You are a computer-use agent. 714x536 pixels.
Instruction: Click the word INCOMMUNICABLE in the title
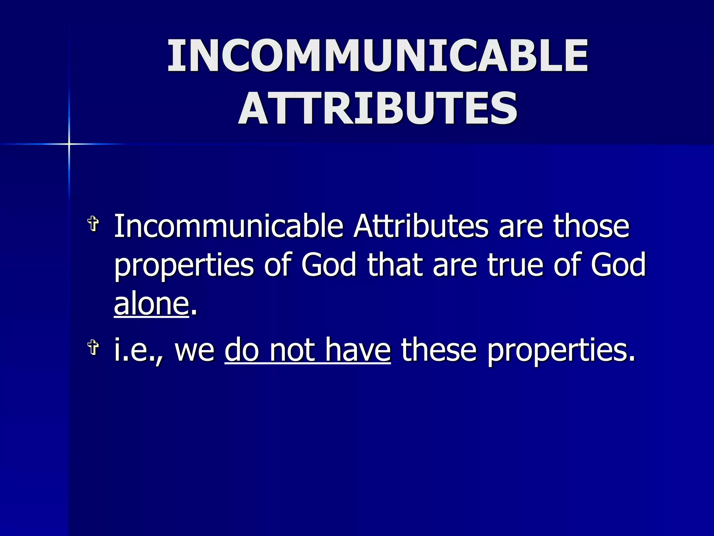coord(378,56)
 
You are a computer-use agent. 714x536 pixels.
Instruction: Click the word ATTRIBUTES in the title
coord(378,108)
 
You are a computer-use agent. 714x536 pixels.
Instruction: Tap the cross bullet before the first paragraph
coord(93,223)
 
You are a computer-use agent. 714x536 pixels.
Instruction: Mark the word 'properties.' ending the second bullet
coord(561,351)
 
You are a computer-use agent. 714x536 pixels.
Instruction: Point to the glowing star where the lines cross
coord(69,144)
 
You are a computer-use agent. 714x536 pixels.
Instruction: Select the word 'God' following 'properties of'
coord(329,265)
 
